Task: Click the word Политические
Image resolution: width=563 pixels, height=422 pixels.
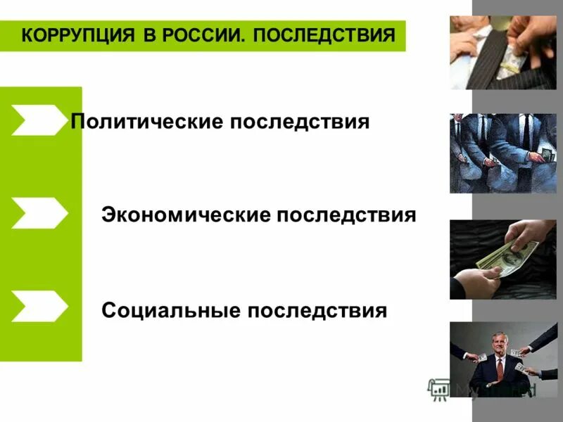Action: (146, 122)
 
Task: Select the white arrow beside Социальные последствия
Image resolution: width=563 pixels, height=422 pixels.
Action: (39, 306)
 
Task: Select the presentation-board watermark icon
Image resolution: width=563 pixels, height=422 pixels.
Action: (441, 389)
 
